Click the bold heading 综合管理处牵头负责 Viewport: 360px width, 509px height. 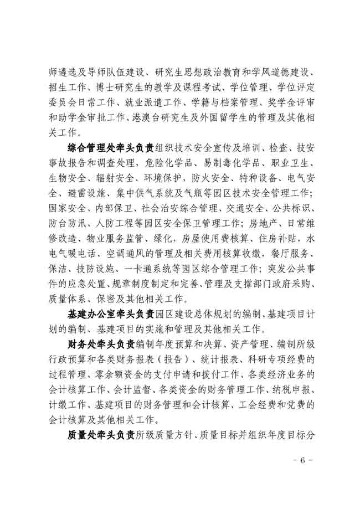pyautogui.click(x=111, y=149)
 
